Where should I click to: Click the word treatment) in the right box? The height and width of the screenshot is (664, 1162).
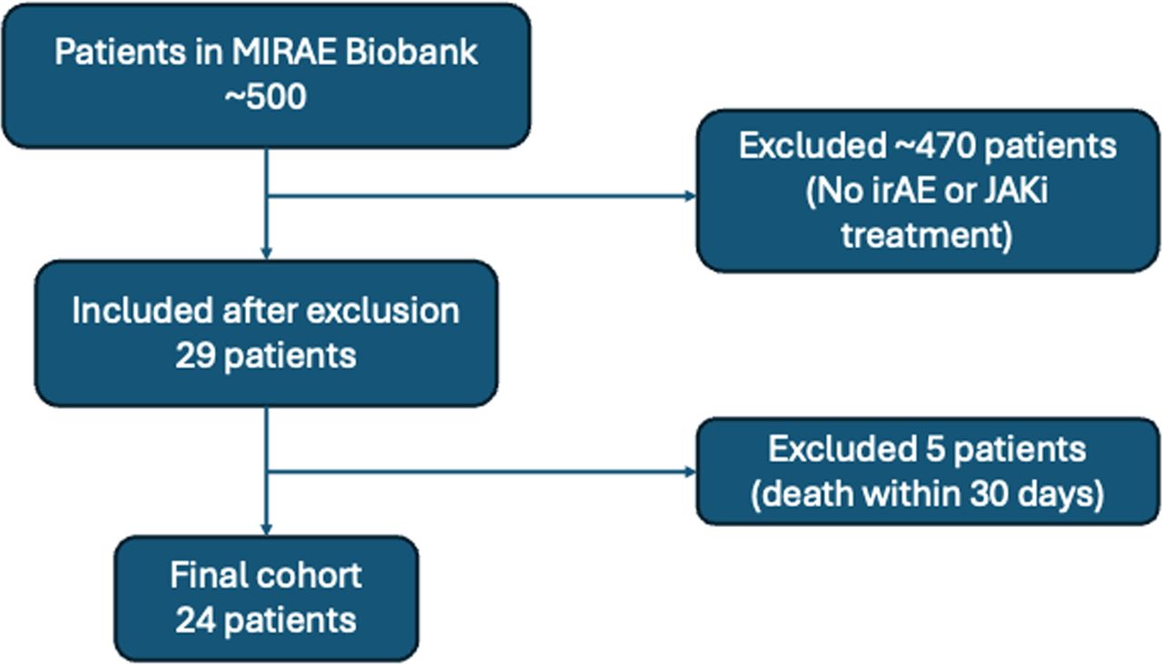pyautogui.click(x=926, y=235)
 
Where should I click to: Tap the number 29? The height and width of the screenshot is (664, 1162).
pyautogui.click(x=196, y=356)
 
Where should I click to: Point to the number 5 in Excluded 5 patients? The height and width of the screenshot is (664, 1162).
pyautogui.click(x=911, y=451)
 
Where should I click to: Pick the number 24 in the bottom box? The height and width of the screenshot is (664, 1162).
pyautogui.click(x=194, y=620)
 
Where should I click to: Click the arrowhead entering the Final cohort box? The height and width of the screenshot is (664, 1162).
pyautogui.click(x=267, y=528)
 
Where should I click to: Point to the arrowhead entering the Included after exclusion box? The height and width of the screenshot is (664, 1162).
pyautogui.click(x=267, y=252)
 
